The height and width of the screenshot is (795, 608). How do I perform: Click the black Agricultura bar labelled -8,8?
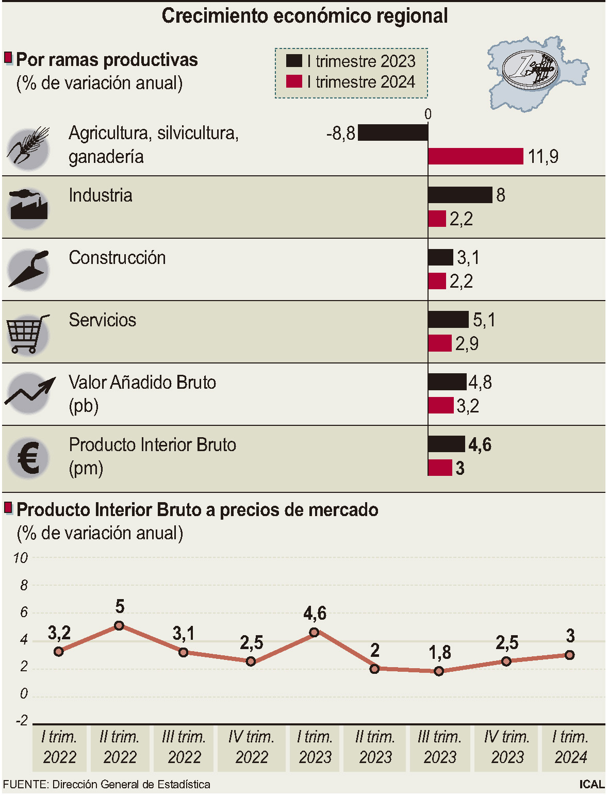point(393,133)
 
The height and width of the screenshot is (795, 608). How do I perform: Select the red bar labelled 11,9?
point(475,156)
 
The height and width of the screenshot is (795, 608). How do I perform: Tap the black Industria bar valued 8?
point(460,195)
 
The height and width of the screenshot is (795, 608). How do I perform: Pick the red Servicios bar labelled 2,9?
point(440,343)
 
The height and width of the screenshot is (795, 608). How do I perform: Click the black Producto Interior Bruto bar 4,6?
point(447,444)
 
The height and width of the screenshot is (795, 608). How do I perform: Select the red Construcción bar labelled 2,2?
point(437,281)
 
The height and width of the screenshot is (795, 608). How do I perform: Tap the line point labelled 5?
point(119,625)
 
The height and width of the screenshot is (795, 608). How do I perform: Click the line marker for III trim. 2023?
point(439,671)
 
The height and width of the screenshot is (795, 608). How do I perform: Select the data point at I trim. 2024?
point(569,655)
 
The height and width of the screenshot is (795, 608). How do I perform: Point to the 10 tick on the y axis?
point(21,558)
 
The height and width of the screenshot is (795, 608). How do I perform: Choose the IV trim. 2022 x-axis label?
point(251,747)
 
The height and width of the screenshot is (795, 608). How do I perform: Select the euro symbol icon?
point(29,458)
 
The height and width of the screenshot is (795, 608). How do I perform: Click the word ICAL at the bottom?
point(591,784)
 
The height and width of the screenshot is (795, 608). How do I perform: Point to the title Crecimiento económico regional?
point(304,16)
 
